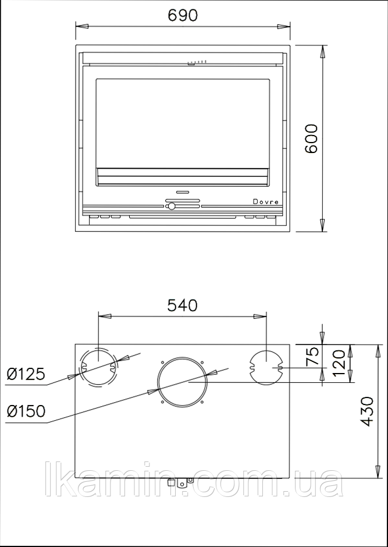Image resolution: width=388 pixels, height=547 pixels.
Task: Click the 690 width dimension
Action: [183, 15]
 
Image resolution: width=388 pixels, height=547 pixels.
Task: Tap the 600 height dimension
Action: [311, 138]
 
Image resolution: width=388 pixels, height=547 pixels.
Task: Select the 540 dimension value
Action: [182, 306]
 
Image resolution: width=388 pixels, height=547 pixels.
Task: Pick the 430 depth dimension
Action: [366, 411]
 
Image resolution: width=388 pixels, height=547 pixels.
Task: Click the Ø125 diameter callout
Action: [26, 374]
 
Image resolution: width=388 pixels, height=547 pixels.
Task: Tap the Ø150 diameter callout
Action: [26, 411]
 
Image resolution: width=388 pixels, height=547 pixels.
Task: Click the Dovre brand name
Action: [266, 202]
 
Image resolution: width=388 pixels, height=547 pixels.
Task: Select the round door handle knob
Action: [171, 206]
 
